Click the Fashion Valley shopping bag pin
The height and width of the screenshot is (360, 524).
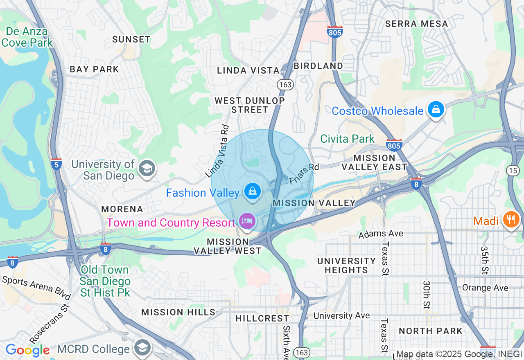coord(253,191)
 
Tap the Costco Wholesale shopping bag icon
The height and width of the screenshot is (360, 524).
coord(436,110)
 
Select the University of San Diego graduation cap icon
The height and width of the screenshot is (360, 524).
coord(147,169)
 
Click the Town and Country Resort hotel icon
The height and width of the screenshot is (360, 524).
coord(248,221)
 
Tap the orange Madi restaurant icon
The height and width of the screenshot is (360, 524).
coord(511,220)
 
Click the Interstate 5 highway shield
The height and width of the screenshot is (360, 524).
coord(56,164)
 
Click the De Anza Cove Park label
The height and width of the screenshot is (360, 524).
coord(27,37)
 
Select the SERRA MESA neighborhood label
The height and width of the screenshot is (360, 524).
coord(416,24)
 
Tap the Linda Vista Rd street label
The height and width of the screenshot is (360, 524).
coord(217,151)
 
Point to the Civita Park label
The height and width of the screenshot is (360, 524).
coord(347,139)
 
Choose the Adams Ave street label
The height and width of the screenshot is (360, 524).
coord(381,234)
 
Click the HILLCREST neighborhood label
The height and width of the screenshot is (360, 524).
coord(262,318)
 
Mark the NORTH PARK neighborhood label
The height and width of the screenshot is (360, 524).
coord(430,331)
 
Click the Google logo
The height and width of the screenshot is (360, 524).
coord(27,350)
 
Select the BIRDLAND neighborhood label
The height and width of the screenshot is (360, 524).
coord(318,66)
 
